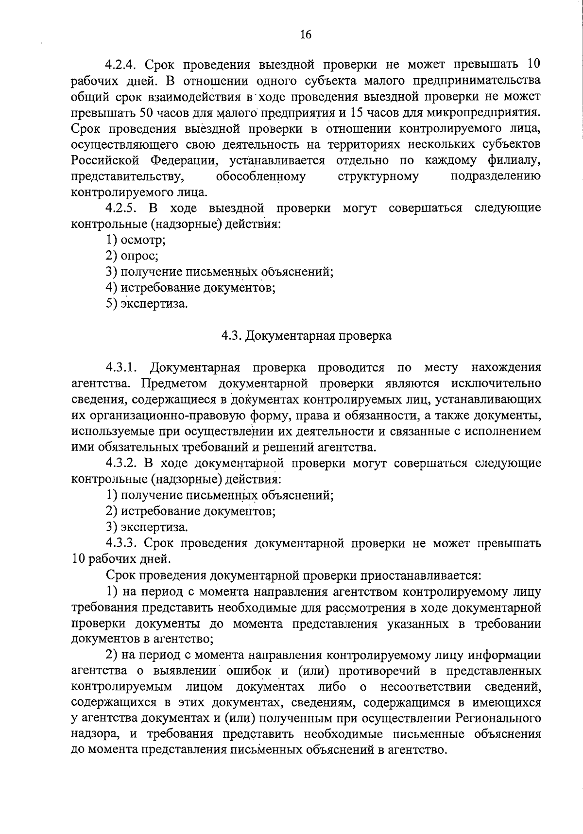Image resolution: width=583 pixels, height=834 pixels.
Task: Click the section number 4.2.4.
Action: tap(122, 65)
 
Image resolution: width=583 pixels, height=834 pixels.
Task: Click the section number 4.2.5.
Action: tap(122, 208)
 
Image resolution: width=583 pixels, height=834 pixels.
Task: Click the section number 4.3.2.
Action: tap(122, 463)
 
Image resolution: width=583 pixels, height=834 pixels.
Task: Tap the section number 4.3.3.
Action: tap(122, 543)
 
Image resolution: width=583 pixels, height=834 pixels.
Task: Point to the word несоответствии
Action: tap(426, 686)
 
